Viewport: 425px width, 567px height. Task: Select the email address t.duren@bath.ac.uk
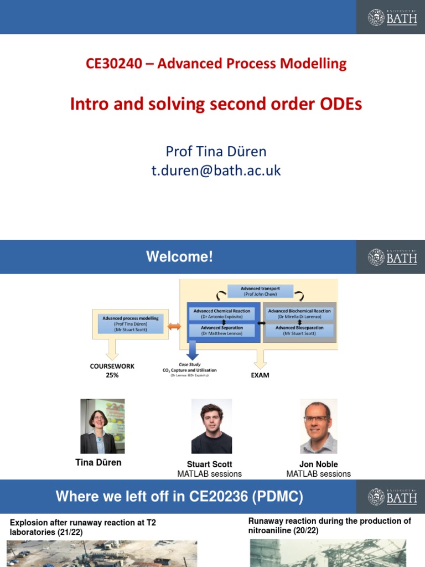click(x=216, y=171)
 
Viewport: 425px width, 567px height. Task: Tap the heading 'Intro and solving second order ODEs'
click(x=216, y=104)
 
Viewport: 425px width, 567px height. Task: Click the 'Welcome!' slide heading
click(x=179, y=257)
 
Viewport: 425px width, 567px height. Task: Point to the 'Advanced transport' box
click(x=260, y=291)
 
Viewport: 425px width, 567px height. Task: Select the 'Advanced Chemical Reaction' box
click(x=221, y=313)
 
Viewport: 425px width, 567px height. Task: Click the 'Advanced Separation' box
click(x=221, y=331)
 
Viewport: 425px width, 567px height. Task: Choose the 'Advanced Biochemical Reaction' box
click(x=299, y=313)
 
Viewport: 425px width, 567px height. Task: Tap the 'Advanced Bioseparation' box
click(x=299, y=331)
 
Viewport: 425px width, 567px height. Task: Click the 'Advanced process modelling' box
click(x=130, y=323)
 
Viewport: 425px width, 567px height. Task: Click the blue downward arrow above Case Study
click(x=193, y=350)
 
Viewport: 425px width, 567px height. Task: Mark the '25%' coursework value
click(x=112, y=375)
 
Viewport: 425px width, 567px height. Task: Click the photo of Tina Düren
click(x=102, y=426)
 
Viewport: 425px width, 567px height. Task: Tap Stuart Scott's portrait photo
click(x=211, y=426)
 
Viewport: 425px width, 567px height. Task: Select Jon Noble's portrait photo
click(x=318, y=426)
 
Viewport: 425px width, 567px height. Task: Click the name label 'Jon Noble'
click(x=318, y=464)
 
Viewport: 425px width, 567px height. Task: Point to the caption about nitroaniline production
click(x=330, y=525)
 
